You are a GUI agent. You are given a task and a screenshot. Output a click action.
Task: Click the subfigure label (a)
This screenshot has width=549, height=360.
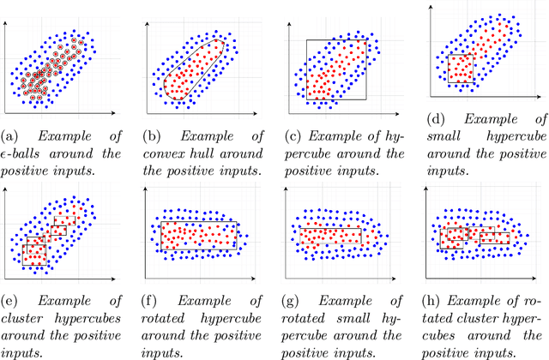[10, 135]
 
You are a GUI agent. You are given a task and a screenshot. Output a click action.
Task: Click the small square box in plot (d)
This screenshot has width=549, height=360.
[460, 69]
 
